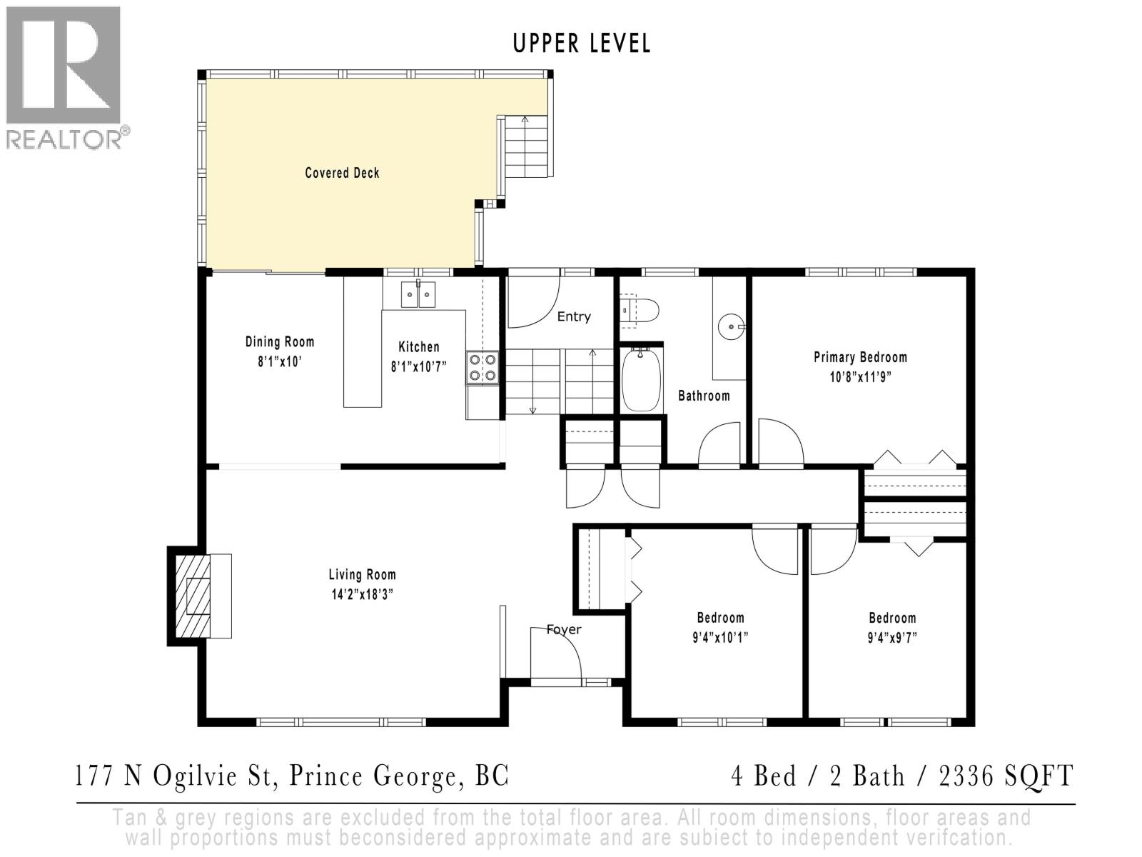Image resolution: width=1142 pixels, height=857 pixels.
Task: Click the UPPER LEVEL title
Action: (x=582, y=44)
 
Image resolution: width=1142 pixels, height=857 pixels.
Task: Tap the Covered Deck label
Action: (x=342, y=173)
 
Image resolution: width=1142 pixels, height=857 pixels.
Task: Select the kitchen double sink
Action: (x=418, y=294)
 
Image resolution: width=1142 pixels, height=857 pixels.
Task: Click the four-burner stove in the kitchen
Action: (x=482, y=368)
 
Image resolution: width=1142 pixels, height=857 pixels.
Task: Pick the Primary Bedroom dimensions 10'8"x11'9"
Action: (x=861, y=376)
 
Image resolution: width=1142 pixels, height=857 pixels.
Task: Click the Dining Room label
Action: (x=280, y=342)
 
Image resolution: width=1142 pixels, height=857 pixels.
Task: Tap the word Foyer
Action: (x=564, y=629)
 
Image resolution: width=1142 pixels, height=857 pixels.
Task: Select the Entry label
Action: (x=574, y=316)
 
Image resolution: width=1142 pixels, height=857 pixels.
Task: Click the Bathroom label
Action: (x=704, y=396)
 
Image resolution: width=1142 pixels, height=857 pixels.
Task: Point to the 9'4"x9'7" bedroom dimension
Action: (x=892, y=637)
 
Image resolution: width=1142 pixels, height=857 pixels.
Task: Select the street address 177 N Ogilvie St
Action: (x=176, y=776)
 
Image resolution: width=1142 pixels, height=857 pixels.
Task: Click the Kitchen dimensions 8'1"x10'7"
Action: (x=418, y=366)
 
